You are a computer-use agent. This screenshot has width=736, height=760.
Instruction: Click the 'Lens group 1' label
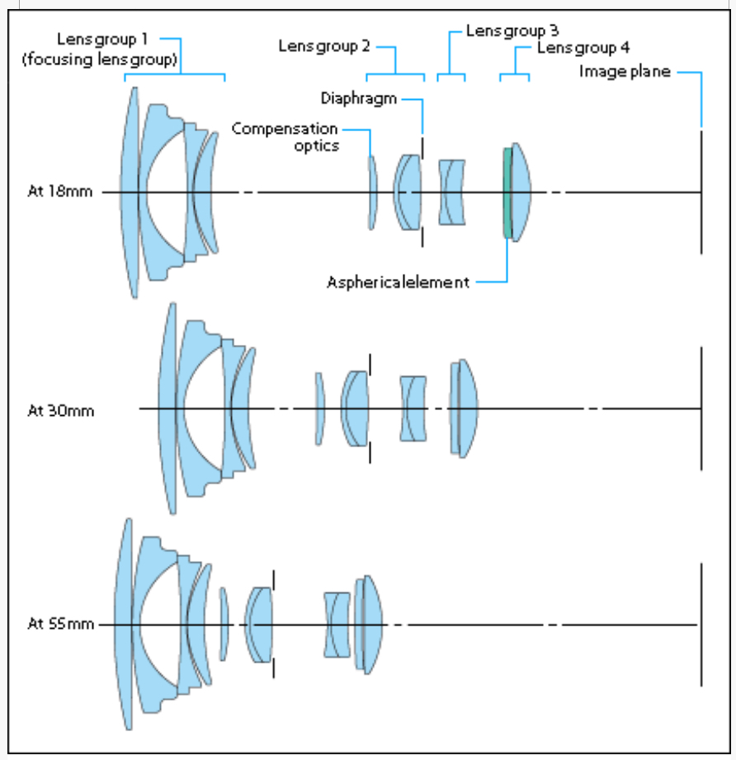click(x=102, y=40)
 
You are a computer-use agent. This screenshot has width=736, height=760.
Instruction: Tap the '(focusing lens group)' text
click(x=100, y=59)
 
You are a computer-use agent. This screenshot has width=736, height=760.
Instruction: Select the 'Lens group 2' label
click(x=324, y=46)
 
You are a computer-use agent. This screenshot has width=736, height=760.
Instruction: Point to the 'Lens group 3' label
click(x=512, y=31)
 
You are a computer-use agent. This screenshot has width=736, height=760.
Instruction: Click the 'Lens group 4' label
click(x=583, y=48)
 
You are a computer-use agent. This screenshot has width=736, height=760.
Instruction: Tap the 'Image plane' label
click(x=625, y=72)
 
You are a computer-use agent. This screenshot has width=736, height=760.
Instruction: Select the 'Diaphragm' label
click(x=359, y=98)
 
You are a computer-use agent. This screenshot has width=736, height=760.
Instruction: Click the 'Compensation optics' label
click(x=285, y=137)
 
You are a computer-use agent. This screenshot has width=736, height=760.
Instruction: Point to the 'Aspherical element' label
click(x=399, y=282)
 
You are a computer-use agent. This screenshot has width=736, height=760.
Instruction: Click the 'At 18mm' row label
click(x=60, y=191)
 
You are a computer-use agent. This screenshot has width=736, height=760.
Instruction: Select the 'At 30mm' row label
click(x=60, y=411)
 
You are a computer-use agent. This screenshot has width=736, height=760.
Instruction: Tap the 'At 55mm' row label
click(x=60, y=623)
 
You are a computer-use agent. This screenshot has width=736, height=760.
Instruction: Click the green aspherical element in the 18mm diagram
click(x=507, y=193)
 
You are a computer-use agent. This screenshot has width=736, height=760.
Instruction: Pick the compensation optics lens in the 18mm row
click(x=372, y=192)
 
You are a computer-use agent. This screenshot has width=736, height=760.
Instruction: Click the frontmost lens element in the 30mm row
click(x=167, y=408)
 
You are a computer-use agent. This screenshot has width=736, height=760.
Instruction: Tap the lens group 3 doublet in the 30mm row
click(x=413, y=408)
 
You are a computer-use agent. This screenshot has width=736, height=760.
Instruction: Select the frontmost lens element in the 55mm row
click(x=123, y=625)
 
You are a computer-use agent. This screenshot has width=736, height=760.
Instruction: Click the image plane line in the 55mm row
click(x=701, y=625)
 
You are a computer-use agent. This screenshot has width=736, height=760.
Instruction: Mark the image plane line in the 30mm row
click(x=701, y=408)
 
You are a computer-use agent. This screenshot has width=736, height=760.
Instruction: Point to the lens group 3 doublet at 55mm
click(x=337, y=625)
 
